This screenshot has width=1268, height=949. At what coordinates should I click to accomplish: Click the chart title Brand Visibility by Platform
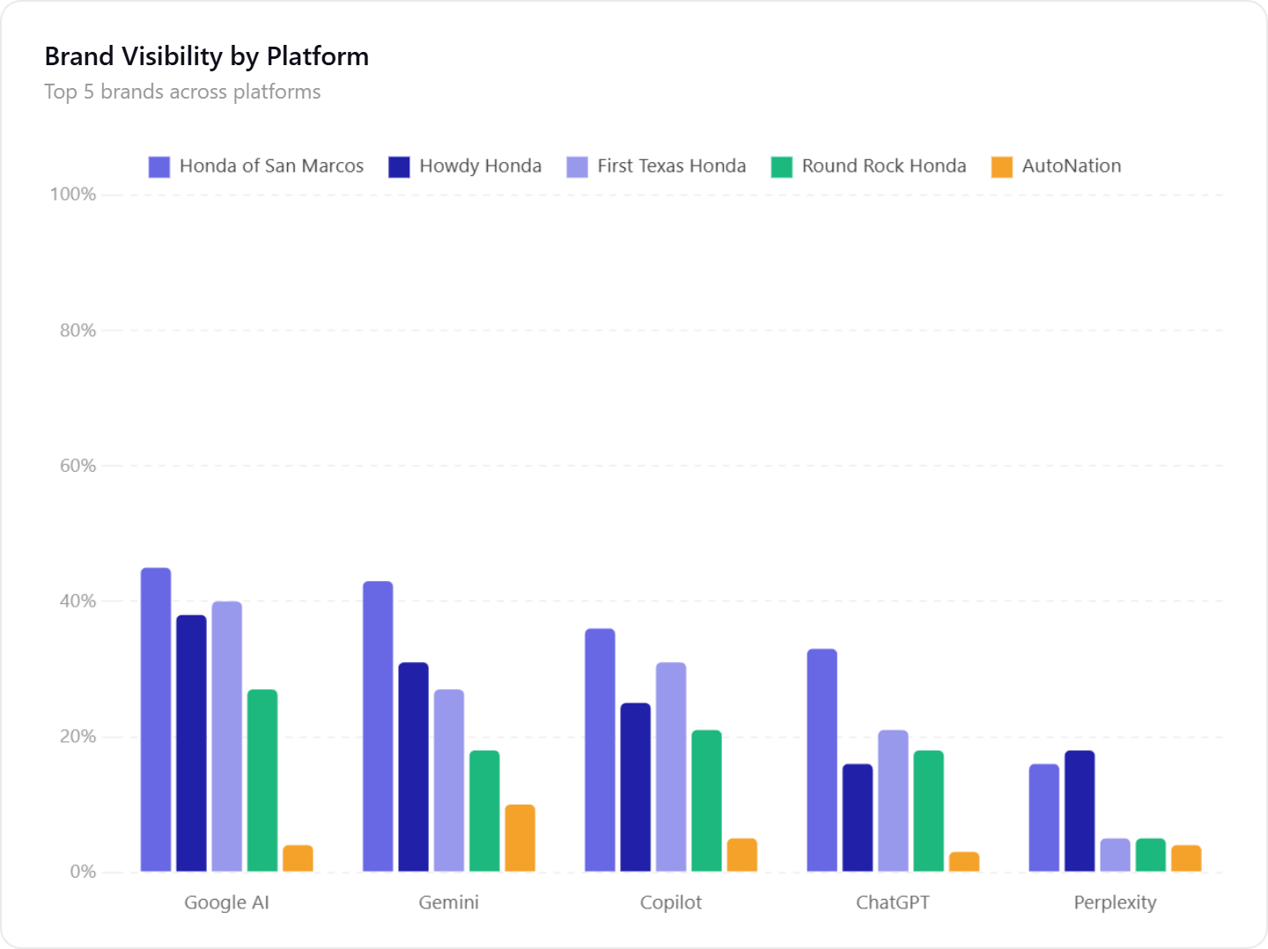coord(206,56)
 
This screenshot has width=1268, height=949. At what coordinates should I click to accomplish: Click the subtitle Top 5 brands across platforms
coord(182,92)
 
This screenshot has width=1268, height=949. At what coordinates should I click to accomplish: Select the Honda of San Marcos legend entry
coord(256,166)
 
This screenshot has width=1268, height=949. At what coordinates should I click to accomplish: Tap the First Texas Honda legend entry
coord(656,166)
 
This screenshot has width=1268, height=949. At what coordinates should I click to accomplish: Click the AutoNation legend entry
coord(1056,166)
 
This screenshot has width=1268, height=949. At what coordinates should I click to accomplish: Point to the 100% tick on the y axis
coord(72,195)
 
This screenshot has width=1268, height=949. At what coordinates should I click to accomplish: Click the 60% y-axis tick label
coord(77,466)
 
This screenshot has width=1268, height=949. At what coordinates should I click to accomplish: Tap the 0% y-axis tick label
coord(83,872)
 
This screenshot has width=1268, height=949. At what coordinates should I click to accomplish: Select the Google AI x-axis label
coord(226,902)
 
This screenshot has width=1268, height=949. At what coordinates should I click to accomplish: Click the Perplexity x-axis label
coord(1115,902)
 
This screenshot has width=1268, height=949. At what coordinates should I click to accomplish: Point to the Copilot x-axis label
coord(671,902)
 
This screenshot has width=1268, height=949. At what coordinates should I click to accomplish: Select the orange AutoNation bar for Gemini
coord(520,838)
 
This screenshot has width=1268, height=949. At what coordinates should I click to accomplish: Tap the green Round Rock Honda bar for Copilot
coord(706,801)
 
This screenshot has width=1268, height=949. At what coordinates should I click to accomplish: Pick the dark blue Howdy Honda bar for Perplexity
coord(1080,811)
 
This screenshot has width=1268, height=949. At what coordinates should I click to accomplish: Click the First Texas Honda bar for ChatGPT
coord(893,801)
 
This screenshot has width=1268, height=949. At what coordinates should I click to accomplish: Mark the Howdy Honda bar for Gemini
coord(413,767)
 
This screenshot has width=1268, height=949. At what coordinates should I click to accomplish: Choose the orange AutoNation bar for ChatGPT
coord(964,862)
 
